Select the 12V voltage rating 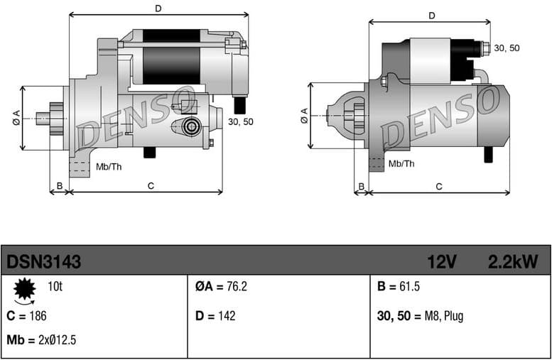pos(440,263)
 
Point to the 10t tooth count pos(55,287)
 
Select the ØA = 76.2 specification pos(221,287)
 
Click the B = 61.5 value pos(400,287)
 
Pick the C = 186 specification pos(26,316)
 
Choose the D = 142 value pos(215,316)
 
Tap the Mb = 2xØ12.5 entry pos(41,340)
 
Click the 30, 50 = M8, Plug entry pos(420,316)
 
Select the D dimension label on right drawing pos(432,16)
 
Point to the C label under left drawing pos(151,186)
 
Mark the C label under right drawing pos(439,186)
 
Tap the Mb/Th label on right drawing pos(401,163)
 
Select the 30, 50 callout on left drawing pos(240,121)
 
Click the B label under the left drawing pos(60,186)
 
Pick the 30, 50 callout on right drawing pos(507,48)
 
